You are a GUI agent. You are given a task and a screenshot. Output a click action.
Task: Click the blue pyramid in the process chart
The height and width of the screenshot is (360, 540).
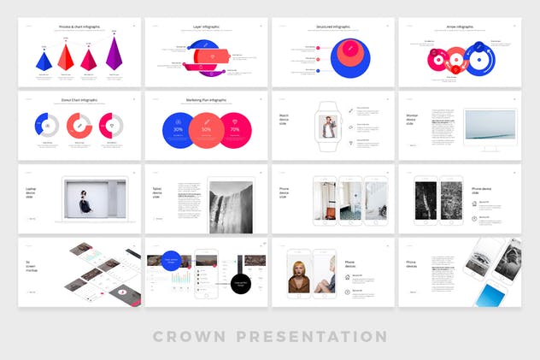(44, 61)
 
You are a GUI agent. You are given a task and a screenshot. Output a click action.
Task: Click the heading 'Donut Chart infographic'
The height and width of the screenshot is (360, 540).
(79, 100)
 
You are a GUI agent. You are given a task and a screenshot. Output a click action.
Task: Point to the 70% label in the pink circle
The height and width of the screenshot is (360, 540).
(235, 129)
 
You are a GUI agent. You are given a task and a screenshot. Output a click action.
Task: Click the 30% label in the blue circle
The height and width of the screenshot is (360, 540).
(178, 129)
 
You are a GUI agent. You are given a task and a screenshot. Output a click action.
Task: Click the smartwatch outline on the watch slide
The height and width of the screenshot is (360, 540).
(329, 127)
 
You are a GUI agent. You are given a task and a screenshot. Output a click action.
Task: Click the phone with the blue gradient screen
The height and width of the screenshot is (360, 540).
(490, 294)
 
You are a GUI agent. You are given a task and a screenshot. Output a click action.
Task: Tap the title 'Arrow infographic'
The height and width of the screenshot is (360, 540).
(459, 27)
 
